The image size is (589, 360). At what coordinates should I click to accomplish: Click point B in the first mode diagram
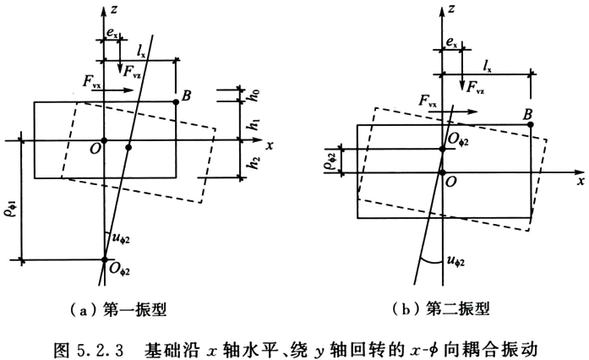click(176, 102)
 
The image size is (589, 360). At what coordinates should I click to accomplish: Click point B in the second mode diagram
click(531, 124)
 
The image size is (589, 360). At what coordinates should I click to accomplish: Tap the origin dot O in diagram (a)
click(105, 140)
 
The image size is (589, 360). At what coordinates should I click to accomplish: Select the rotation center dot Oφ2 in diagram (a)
click(105, 259)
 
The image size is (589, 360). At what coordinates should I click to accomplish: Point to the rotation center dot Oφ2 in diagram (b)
click(443, 150)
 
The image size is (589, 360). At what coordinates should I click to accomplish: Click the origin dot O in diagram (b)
click(443, 173)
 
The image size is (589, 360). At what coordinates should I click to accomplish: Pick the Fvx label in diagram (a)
click(91, 82)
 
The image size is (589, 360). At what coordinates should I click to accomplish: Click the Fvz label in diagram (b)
click(475, 88)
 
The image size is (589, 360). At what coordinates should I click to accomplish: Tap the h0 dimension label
click(254, 95)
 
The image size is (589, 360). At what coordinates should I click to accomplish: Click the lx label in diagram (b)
click(488, 67)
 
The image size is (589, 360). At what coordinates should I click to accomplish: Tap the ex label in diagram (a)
click(112, 34)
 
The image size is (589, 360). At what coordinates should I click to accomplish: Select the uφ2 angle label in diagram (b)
click(455, 261)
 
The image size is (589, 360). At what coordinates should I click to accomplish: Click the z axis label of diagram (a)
click(114, 8)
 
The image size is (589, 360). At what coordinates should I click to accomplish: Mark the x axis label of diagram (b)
click(580, 181)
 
